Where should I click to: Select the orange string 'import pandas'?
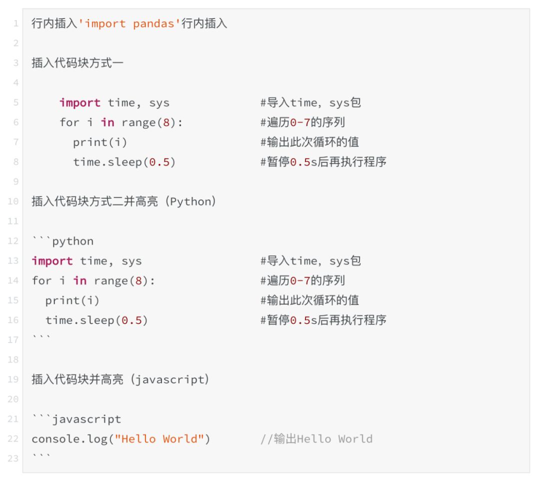129,23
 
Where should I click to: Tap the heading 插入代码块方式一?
77,63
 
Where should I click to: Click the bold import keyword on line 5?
79,102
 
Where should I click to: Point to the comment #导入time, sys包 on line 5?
310,102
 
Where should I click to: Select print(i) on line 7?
100,142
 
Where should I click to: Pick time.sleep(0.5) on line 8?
124,162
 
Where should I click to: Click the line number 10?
13,201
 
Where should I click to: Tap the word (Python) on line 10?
192,201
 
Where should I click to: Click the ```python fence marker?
62,241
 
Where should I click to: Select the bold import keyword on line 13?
52,261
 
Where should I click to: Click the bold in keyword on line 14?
80,280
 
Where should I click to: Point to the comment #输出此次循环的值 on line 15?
309,300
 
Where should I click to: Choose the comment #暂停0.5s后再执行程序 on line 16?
323,320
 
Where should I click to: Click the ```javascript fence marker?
76,419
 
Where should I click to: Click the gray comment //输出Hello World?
316,439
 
